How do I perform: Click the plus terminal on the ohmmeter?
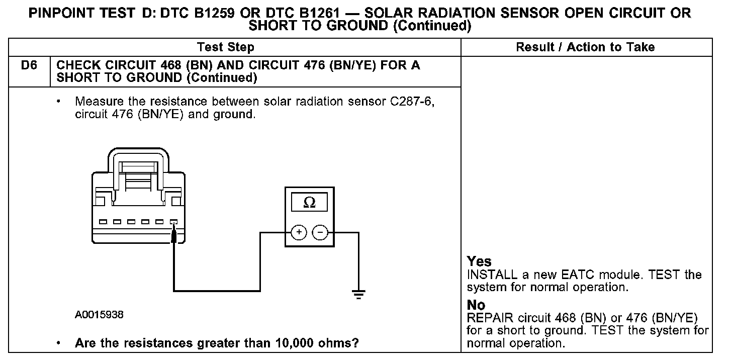(x=299, y=232)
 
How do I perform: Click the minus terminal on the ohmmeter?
(x=320, y=232)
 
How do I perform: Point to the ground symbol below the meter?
(x=358, y=294)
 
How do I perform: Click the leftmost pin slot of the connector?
(x=103, y=221)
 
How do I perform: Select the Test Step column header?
(x=226, y=47)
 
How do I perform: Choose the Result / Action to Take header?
(x=585, y=47)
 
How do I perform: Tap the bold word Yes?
(x=479, y=261)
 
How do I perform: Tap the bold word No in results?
(x=476, y=305)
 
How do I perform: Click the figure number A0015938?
(x=99, y=315)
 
